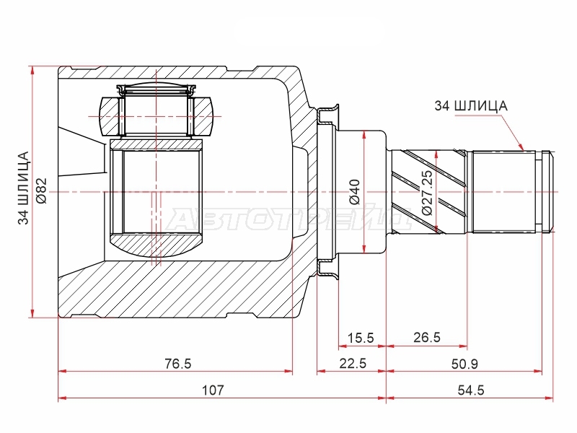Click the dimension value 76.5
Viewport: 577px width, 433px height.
177,364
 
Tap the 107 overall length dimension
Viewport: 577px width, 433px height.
213,390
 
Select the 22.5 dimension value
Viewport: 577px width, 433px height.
353,364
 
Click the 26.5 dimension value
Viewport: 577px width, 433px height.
427,337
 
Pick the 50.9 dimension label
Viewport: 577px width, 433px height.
464,364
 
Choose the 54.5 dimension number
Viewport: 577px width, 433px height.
471,390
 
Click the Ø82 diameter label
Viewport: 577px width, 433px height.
42,191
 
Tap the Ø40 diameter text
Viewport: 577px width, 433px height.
355,192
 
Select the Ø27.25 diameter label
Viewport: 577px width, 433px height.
427,193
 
